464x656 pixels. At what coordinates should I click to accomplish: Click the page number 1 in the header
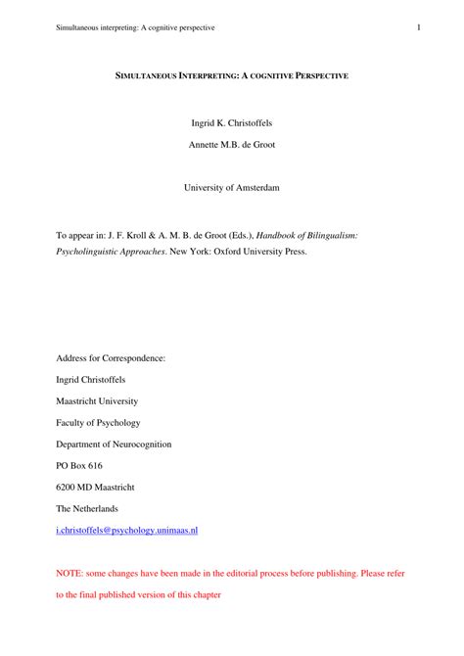click(418, 27)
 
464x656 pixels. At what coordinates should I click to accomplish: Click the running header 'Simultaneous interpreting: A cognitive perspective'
click(134, 27)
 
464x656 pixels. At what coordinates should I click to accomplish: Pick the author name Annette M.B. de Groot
click(231, 144)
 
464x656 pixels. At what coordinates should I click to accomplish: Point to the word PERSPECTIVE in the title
click(314, 74)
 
